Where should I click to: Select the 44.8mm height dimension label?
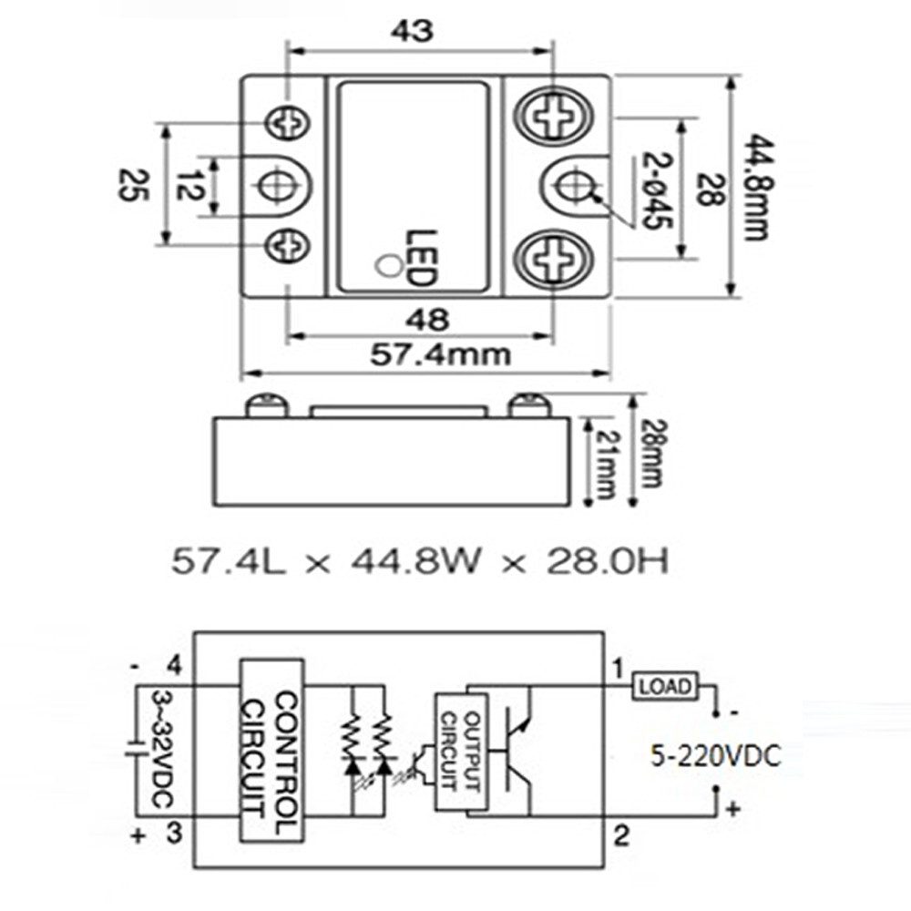[x=755, y=187]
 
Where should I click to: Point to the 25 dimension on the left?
[x=128, y=186]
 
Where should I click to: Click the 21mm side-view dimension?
[x=604, y=460]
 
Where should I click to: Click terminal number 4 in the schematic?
[x=176, y=669]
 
